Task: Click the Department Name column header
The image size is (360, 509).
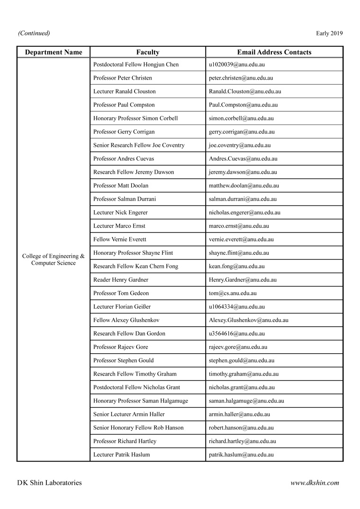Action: click(x=54, y=52)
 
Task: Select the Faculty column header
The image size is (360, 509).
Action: click(x=148, y=52)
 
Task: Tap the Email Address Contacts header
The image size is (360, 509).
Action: click(x=274, y=52)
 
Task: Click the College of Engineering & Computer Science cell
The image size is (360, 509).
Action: click(x=54, y=259)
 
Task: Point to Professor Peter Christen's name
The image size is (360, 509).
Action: click(x=123, y=78)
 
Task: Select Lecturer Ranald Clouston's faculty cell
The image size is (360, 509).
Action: click(x=125, y=91)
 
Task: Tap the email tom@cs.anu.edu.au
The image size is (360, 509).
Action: click(x=233, y=293)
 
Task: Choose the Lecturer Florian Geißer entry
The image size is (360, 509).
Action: click(x=122, y=307)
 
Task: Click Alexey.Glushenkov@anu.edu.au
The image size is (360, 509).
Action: click(x=248, y=320)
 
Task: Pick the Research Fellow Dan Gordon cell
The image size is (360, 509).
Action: click(x=129, y=334)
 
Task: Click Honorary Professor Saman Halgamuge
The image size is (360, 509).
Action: click(x=141, y=401)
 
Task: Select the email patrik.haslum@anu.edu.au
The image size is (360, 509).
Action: click(x=241, y=455)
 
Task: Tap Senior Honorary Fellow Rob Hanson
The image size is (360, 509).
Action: click(x=138, y=428)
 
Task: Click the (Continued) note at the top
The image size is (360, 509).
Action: click(x=34, y=33)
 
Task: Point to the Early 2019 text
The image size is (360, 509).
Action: click(x=329, y=33)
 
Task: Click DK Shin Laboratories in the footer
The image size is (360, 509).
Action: click(x=49, y=483)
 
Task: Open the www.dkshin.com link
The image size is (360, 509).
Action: click(x=315, y=483)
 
